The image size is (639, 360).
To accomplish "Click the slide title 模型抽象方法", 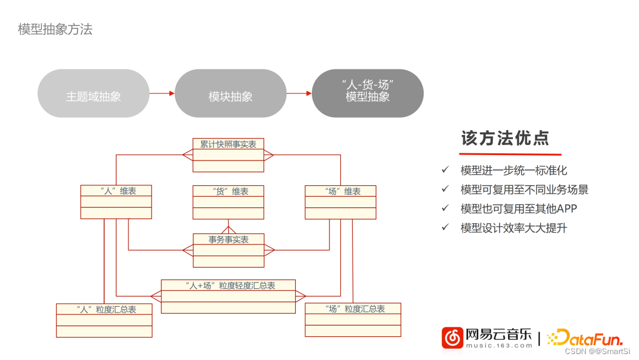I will click(x=55, y=29).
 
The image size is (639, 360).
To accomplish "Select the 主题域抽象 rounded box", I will click(x=93, y=94).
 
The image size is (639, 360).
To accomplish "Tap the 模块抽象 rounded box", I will click(x=231, y=94).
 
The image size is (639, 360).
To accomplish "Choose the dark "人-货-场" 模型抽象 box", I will click(x=367, y=93).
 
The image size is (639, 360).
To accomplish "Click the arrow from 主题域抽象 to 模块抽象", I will click(x=162, y=93).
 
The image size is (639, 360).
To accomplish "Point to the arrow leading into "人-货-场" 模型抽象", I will click(x=299, y=93).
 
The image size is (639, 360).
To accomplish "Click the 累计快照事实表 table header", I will click(x=228, y=144).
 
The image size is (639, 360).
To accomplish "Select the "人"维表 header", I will click(x=116, y=191).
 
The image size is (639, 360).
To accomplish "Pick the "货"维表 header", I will click(x=228, y=191).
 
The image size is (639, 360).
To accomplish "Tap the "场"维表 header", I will click(x=340, y=191).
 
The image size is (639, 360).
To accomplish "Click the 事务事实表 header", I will click(x=228, y=239).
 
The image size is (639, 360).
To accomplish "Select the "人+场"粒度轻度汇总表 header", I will click(x=228, y=285).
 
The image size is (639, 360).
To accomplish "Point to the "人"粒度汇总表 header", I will click(x=104, y=309).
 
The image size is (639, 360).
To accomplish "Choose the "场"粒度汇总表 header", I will click(x=353, y=308).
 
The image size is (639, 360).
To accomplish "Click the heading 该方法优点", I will click(x=505, y=139).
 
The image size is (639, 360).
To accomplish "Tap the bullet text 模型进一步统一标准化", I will click(x=514, y=171).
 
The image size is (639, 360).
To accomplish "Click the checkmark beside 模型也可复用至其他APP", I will click(x=446, y=208).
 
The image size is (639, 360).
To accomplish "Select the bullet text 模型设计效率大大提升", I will click(x=514, y=227).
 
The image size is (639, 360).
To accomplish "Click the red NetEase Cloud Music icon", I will click(x=453, y=337).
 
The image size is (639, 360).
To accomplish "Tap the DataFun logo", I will click(x=585, y=338).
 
